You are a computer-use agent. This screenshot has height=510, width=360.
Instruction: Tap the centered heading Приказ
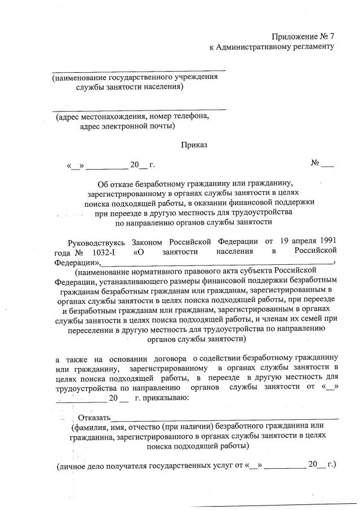(194, 145)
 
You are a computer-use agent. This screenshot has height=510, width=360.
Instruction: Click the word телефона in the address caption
(185, 117)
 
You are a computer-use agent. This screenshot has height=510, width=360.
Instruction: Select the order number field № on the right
(322, 164)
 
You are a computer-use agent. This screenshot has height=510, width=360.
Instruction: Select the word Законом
(151, 242)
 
